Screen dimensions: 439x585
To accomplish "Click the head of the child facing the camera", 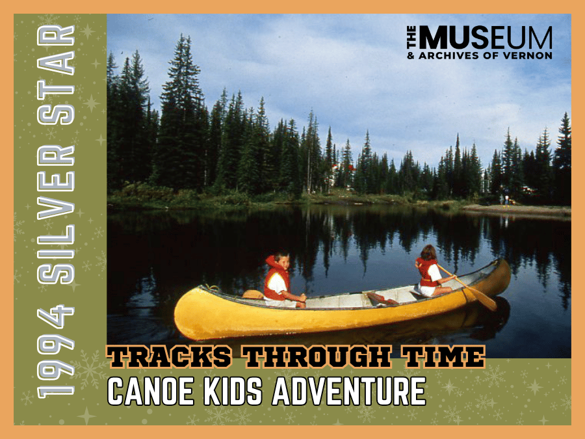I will click(281, 261).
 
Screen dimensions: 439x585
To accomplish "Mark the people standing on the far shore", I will click(504, 198).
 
